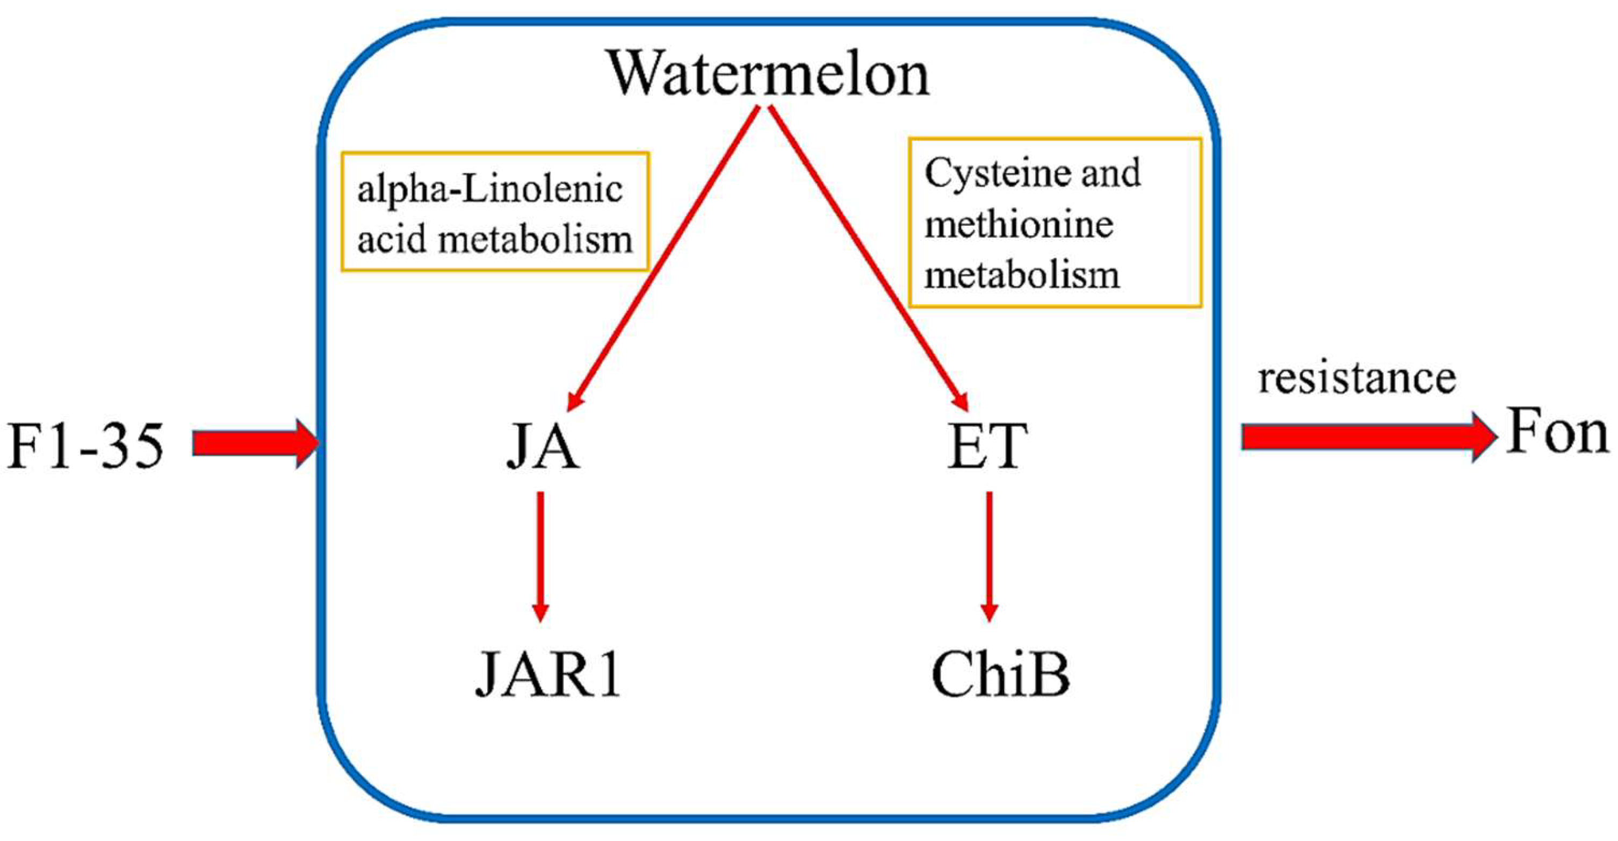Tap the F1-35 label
pyautogui.click(x=86, y=445)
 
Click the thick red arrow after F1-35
pyautogui.click(x=255, y=444)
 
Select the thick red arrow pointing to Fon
pyautogui.click(x=1367, y=436)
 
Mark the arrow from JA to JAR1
pyautogui.click(x=540, y=556)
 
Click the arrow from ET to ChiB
pyautogui.click(x=989, y=556)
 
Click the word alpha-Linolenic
pyautogui.click(x=490, y=189)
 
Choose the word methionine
pyautogui.click(x=1019, y=224)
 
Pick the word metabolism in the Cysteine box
pyautogui.click(x=1022, y=275)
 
